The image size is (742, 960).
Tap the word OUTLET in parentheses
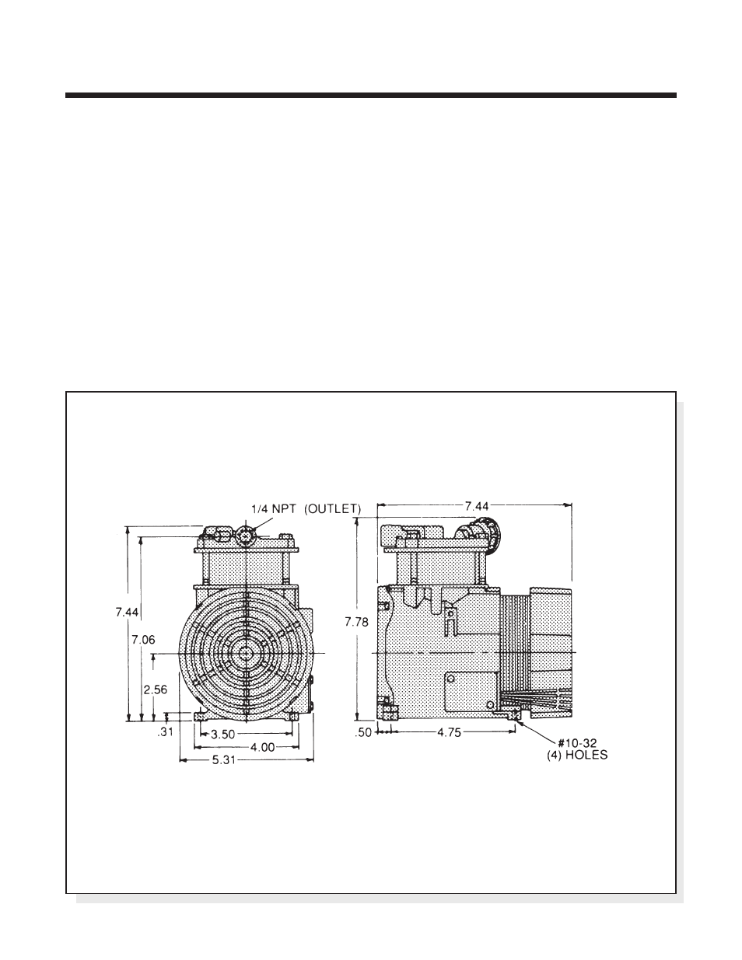(x=333, y=509)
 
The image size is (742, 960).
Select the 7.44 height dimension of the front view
(x=127, y=613)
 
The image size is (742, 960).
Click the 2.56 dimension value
(x=155, y=689)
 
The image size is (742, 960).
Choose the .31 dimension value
(x=165, y=732)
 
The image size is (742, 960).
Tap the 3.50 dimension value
(x=222, y=735)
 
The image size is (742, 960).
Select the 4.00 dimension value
(x=263, y=747)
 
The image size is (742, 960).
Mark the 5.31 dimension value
(x=225, y=760)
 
